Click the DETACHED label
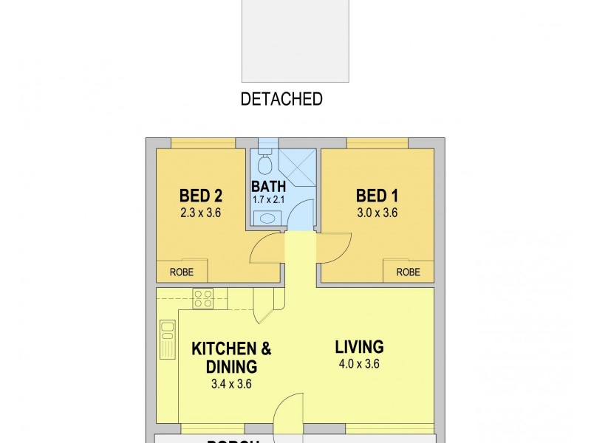coord(281,99)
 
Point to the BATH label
coord(268,186)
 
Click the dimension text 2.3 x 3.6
coord(201,213)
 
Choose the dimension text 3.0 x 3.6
coord(378,213)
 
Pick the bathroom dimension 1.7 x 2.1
coord(269,199)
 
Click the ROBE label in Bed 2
coord(182,272)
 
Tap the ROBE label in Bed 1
coord(408,272)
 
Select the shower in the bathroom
coord(299,168)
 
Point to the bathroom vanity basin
coord(265,218)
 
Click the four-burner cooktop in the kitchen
coord(203,298)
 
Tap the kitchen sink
coord(168,339)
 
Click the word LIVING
coord(359,346)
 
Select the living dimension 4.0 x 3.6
coord(359,363)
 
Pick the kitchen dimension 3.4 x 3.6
coord(231,383)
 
